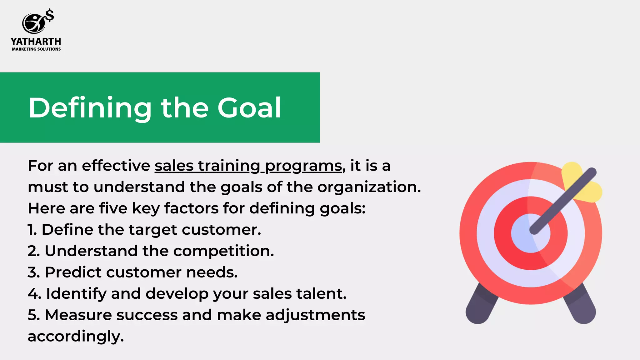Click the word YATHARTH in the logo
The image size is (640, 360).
tap(36, 42)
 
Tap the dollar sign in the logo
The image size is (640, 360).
tap(50, 16)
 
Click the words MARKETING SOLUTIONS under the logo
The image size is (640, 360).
tap(36, 49)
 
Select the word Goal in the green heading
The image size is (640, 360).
tap(249, 108)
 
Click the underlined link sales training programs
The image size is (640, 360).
tap(248, 166)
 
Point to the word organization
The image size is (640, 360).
tap(369, 187)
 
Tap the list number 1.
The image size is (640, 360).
tap(32, 230)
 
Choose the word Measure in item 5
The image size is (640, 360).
tap(78, 315)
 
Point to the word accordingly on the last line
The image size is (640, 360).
tap(76, 336)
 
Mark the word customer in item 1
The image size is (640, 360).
tap(221, 230)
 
